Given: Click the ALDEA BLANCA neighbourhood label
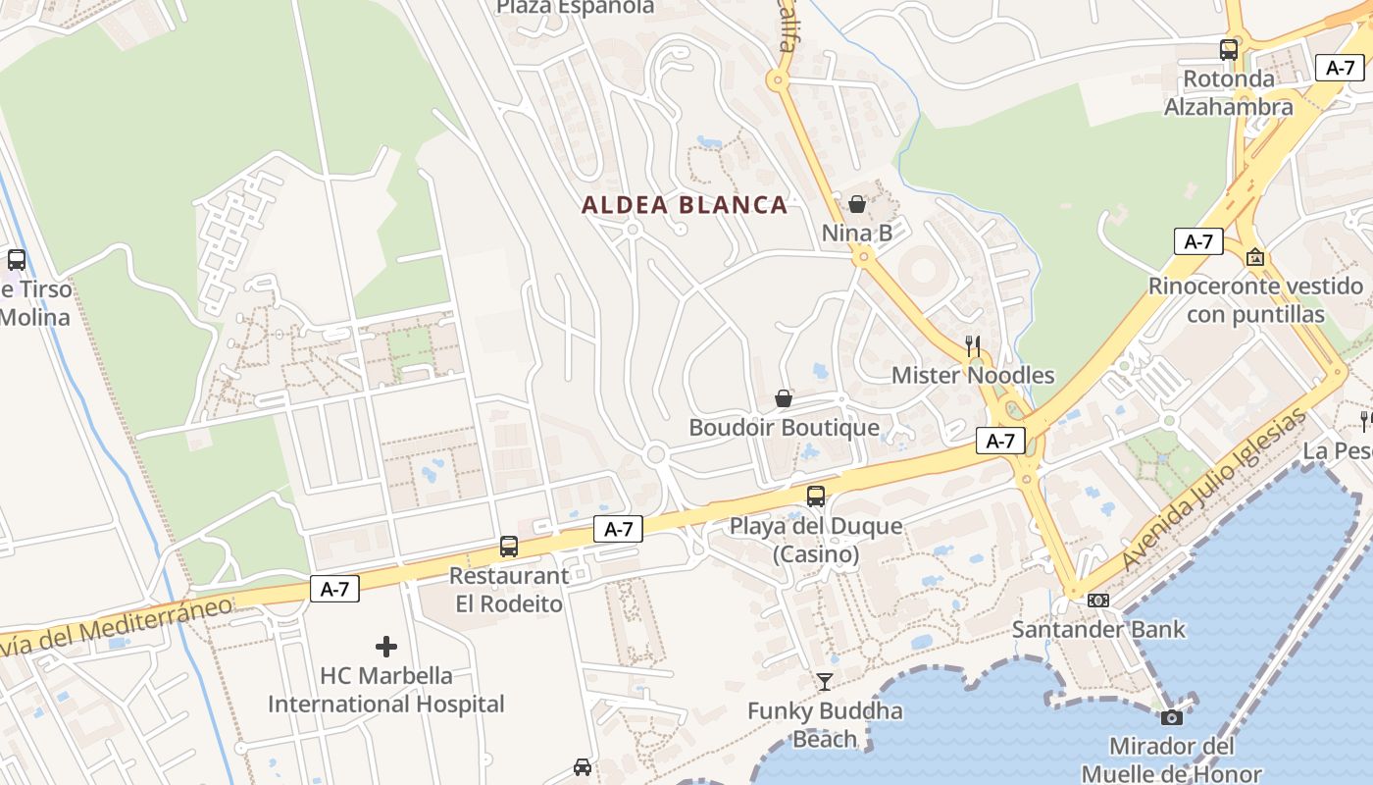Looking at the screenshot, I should click(685, 205).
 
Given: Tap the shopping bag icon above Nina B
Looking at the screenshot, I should click(857, 204).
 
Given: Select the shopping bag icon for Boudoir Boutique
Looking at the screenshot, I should click(784, 398).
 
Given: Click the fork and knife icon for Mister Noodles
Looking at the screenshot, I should click(973, 346).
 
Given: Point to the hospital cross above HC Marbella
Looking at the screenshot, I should click(386, 647).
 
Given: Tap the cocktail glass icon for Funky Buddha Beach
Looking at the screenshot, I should click(824, 682).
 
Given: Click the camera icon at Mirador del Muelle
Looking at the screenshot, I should click(1172, 717).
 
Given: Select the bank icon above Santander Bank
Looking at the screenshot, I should click(1098, 601).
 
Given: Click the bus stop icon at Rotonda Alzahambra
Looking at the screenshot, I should click(1229, 49).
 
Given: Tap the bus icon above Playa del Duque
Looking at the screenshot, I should click(816, 497).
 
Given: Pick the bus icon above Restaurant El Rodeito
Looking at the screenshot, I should click(509, 547).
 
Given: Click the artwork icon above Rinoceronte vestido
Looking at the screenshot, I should click(1254, 257).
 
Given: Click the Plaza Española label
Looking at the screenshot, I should click(575, 8).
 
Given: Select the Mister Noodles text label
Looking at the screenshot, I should click(973, 375).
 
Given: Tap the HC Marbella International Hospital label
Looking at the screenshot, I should click(386, 690).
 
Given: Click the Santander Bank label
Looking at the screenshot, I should click(1098, 629).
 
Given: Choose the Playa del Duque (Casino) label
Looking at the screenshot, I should click(816, 540).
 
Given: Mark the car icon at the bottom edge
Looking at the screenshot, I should click(583, 767).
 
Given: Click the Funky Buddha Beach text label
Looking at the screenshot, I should click(825, 724).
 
